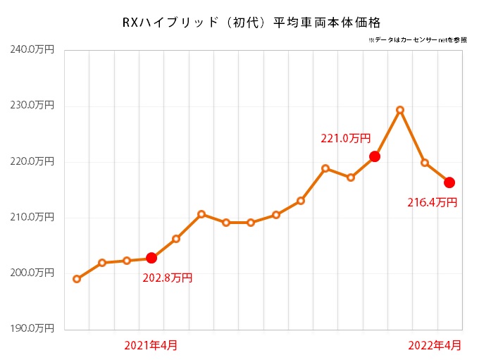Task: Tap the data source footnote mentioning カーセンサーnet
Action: point(417,41)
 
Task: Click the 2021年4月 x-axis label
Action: point(151,345)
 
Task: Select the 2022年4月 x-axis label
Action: point(436,345)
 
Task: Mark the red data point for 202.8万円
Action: point(151,258)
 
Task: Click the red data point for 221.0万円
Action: point(375,156)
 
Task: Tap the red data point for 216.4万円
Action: point(449,182)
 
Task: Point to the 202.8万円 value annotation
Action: point(167,278)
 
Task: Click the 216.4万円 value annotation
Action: point(433,203)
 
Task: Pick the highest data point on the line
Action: point(400,110)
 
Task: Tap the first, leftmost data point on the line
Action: point(77,279)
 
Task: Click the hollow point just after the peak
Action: point(425,163)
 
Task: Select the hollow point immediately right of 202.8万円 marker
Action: point(176,239)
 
